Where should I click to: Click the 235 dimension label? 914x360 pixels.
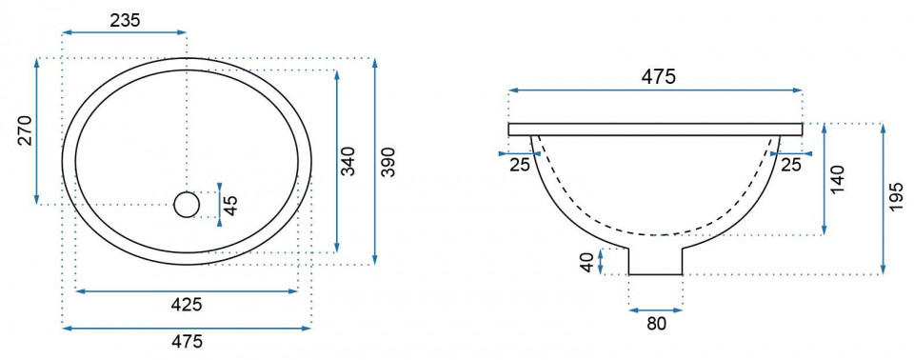pyautogui.click(x=125, y=20)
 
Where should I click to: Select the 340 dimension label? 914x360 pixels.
pyautogui.click(x=348, y=163)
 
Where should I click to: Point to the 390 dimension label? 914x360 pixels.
pyautogui.click(x=388, y=163)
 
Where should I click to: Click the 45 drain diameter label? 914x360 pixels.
pyautogui.click(x=230, y=206)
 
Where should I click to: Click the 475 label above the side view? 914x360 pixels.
pyautogui.click(x=658, y=76)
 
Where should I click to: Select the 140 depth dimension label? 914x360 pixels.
pyautogui.click(x=837, y=181)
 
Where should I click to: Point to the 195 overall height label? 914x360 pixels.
pyautogui.click(x=898, y=196)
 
